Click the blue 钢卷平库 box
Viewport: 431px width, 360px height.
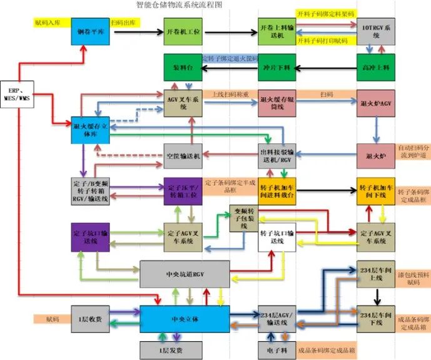coord(91,31)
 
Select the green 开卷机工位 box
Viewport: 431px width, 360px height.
coord(183,31)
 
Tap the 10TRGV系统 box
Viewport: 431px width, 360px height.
coord(375,31)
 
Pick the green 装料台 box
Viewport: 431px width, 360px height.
coord(183,66)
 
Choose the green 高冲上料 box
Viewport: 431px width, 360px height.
coord(375,66)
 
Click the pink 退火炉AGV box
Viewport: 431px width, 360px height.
coord(375,103)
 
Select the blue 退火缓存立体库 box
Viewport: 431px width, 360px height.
coord(91,129)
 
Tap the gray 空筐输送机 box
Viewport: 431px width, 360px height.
coord(183,155)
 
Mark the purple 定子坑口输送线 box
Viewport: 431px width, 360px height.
coord(91,235)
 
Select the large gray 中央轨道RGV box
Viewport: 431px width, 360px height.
coord(183,274)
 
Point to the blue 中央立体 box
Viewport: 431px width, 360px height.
coord(184,318)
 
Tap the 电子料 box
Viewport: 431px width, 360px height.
coord(276,349)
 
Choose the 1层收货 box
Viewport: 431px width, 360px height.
coord(90,318)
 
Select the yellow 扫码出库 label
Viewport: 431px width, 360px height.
coord(125,23)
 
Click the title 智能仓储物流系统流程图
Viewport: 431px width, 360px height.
coord(179,4)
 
